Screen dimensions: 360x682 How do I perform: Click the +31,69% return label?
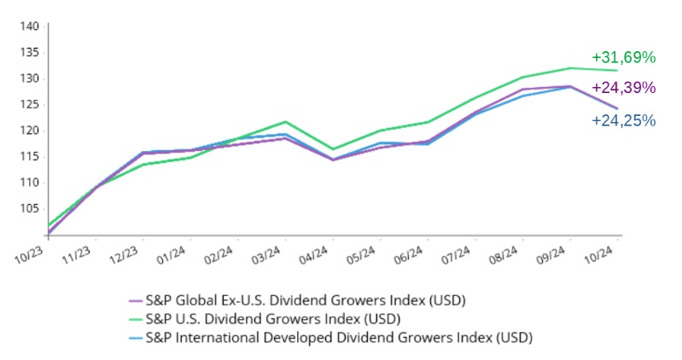click(623, 58)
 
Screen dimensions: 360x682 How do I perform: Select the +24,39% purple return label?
click(623, 88)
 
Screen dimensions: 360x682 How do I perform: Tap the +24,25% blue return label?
click(623, 120)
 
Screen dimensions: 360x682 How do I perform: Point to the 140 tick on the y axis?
click(30, 26)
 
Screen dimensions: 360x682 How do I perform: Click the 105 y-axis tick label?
click(30, 208)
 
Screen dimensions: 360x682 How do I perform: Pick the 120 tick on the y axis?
click(30, 131)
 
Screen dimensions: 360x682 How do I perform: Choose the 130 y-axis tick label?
click(30, 78)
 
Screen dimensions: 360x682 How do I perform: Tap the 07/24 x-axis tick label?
click(458, 254)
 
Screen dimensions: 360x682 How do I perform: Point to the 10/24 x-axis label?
click(601, 254)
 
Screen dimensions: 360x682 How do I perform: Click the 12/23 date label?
click(123, 254)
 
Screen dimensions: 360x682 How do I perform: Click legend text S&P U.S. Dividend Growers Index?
click(273, 319)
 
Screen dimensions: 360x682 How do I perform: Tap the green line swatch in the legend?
click(135, 320)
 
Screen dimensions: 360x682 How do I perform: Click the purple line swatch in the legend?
click(135, 301)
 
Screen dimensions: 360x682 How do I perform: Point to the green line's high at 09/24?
click(570, 68)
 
